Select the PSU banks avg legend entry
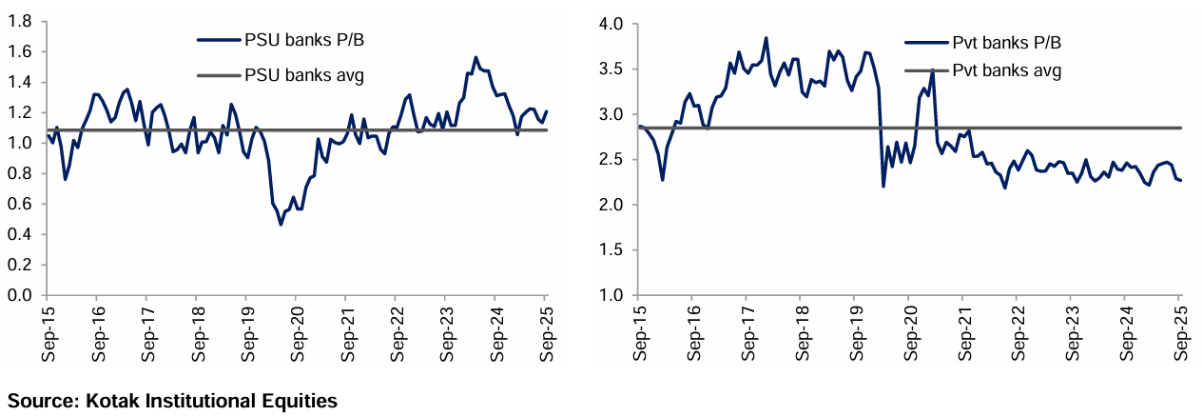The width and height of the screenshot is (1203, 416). point(303,73)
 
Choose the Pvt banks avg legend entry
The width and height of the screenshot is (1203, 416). point(1006,69)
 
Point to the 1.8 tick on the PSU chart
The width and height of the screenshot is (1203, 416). point(22,22)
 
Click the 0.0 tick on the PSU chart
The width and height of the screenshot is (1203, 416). point(22,295)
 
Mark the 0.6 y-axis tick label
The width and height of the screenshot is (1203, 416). point(22,204)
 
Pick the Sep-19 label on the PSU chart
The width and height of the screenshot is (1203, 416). point(244,333)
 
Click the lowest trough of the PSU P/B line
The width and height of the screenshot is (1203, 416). point(281,225)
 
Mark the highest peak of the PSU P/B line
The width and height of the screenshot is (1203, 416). point(475,57)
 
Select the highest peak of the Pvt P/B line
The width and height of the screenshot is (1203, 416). point(766,38)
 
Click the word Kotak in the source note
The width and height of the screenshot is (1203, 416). point(112,401)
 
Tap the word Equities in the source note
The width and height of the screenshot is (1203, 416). point(301,401)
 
